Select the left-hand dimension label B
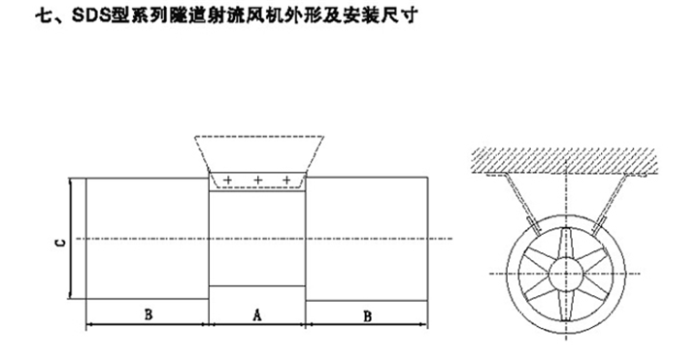pos(148,314)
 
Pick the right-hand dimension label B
pos(367,314)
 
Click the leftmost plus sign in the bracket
pos(228,181)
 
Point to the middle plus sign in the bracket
pos(258,181)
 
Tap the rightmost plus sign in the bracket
pos(288,181)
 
